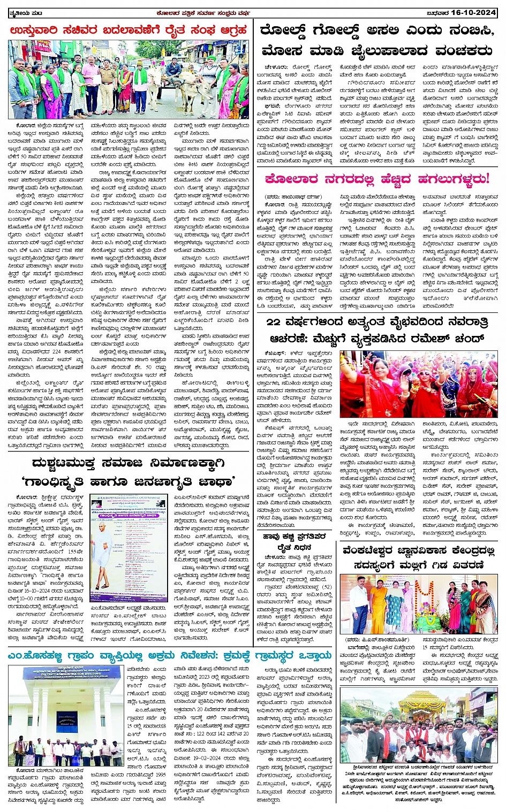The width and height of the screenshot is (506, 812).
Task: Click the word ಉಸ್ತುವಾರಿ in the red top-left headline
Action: [37, 30]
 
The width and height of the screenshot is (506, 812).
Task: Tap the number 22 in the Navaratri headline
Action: [274, 321]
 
